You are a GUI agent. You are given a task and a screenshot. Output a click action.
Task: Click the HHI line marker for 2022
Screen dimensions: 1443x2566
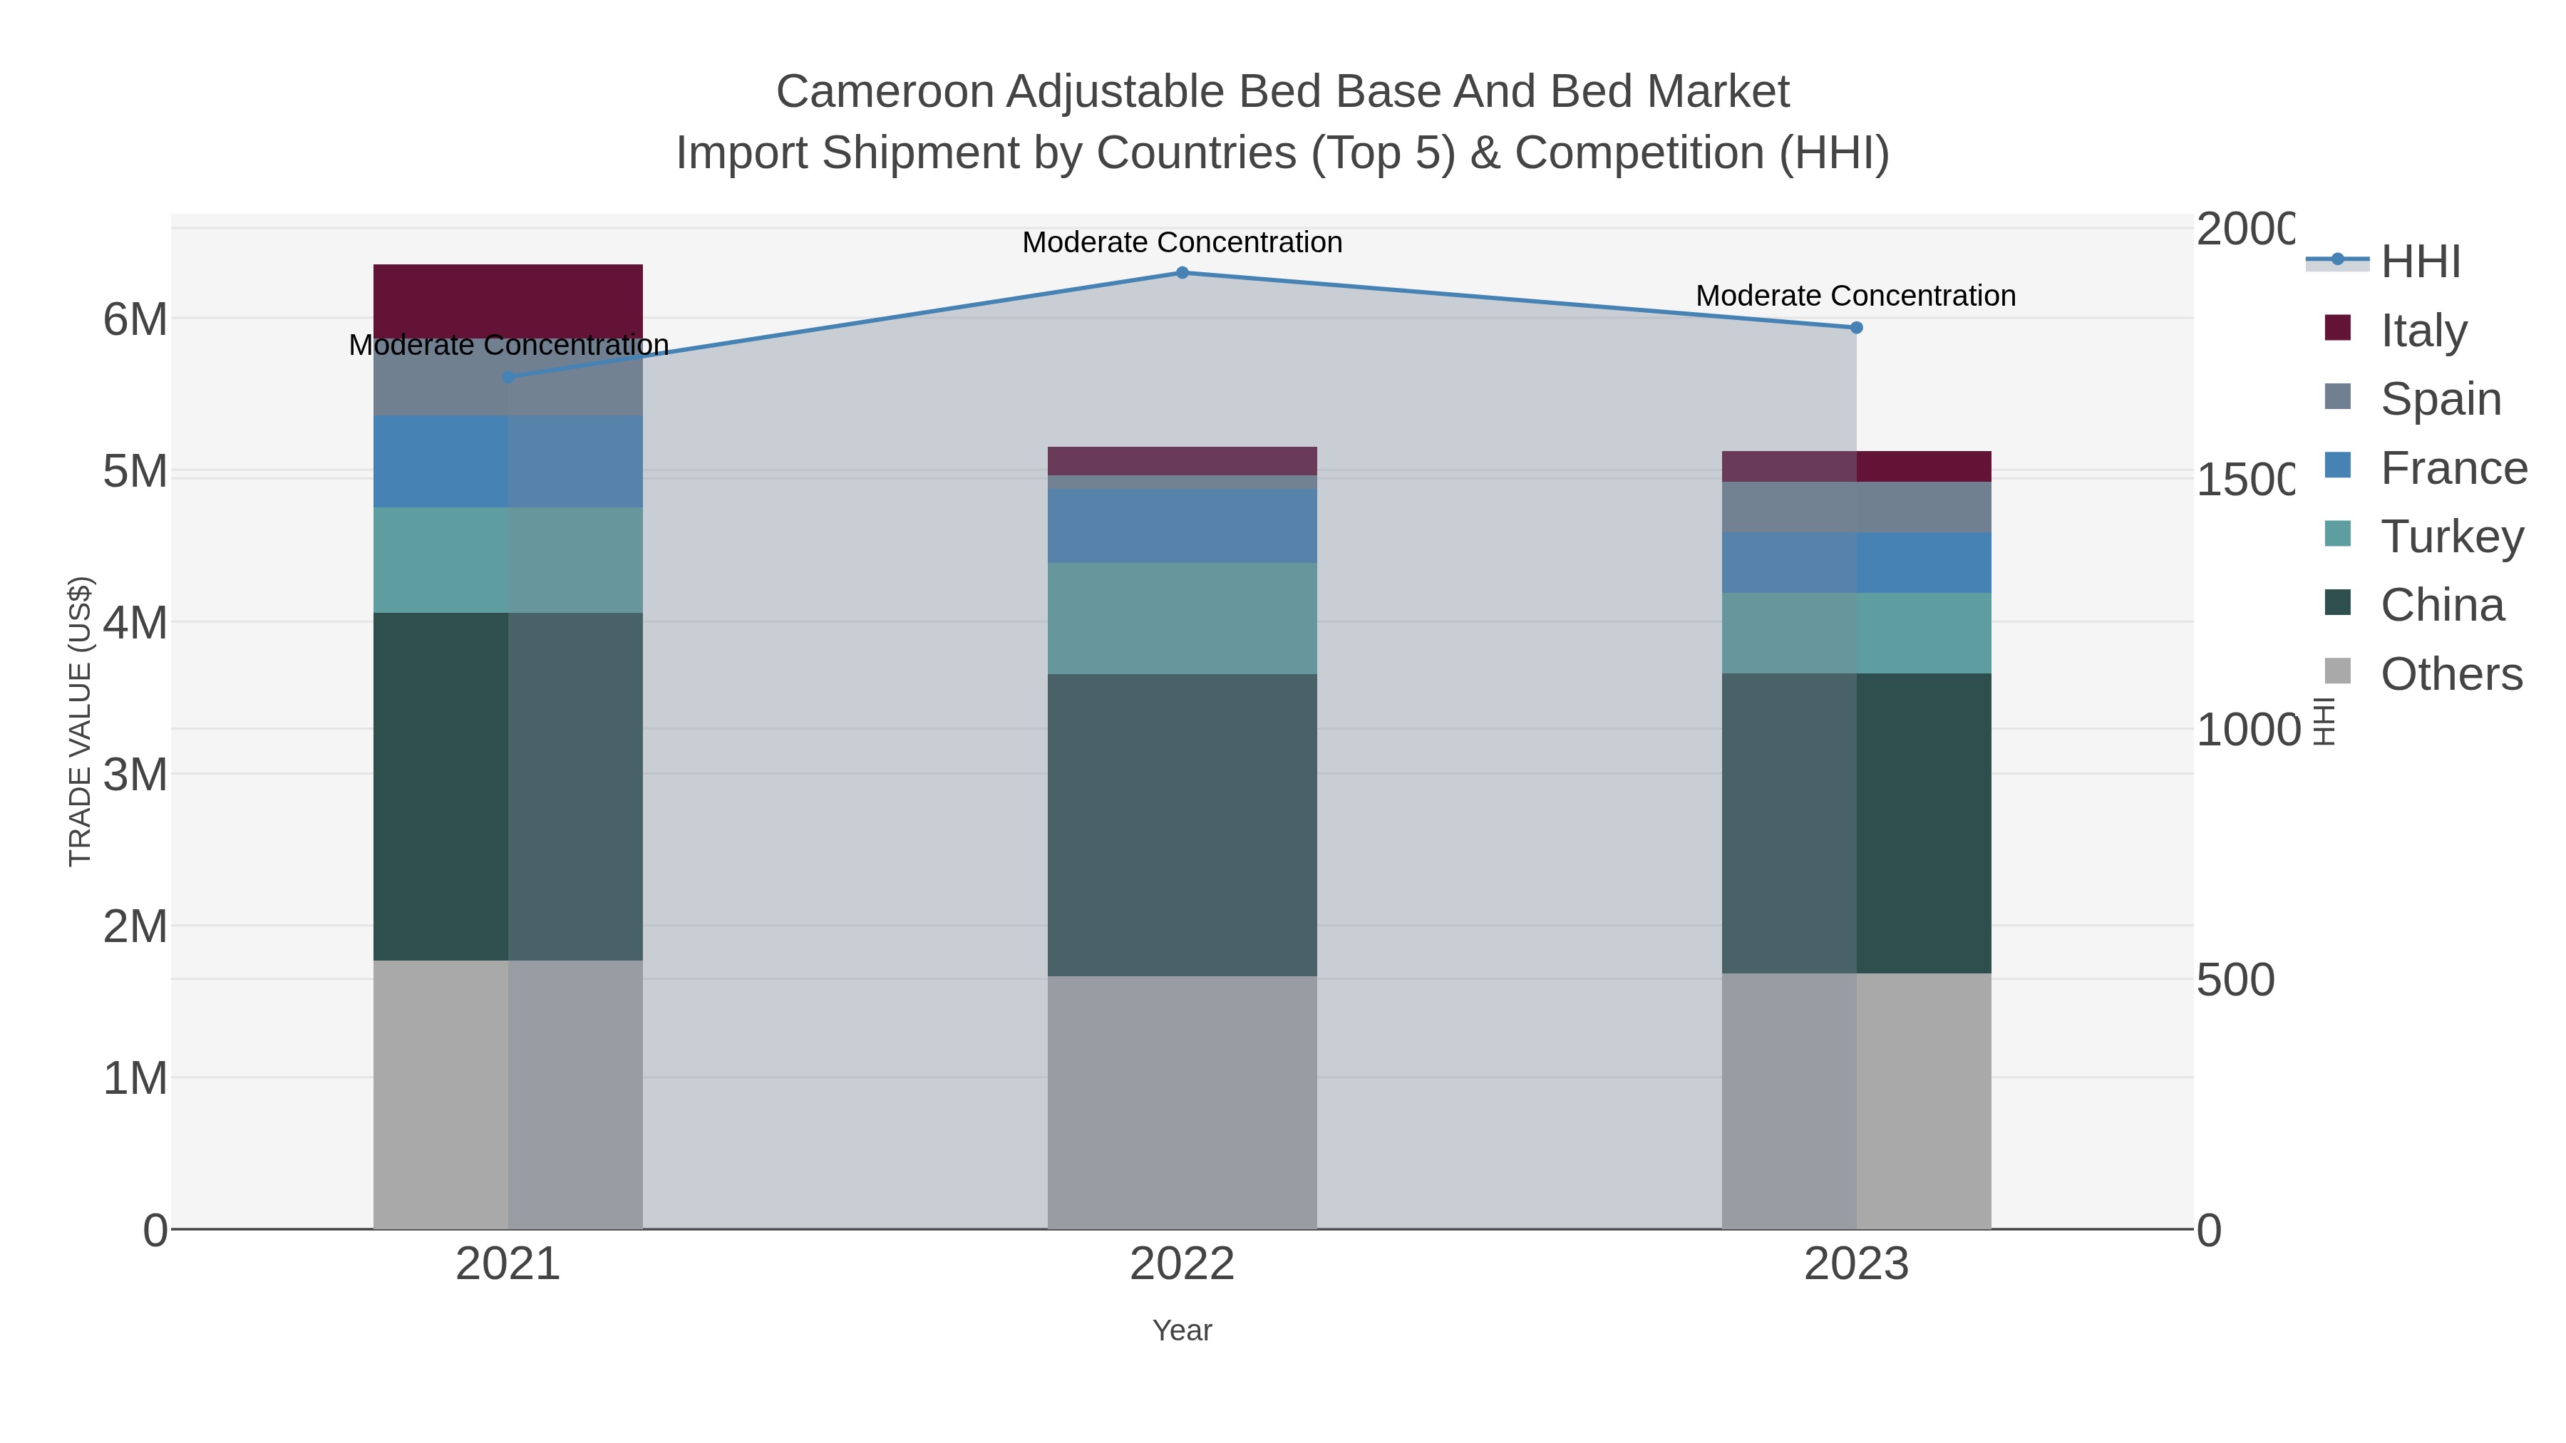(x=1182, y=273)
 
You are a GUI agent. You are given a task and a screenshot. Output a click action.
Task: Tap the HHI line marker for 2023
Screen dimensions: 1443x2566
(x=1857, y=328)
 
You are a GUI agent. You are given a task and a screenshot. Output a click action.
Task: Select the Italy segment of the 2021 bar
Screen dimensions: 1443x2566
(x=508, y=301)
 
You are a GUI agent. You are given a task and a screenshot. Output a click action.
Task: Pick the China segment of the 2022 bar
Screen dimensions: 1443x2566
(x=1182, y=824)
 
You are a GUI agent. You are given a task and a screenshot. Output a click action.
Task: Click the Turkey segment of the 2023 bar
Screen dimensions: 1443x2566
(x=1857, y=633)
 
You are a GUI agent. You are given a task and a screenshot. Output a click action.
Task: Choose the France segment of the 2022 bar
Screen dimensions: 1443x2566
(x=1182, y=526)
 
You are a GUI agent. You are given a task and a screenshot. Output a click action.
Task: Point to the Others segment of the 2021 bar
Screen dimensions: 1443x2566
(x=508, y=1095)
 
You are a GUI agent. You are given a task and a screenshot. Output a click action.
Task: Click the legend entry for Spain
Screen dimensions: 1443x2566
(x=2441, y=399)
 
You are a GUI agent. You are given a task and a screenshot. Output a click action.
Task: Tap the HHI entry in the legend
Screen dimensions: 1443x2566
(x=2420, y=262)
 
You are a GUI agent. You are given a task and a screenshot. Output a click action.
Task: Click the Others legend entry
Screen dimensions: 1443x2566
(x=2451, y=674)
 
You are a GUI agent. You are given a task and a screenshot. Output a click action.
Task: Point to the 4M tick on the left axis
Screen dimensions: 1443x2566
(x=135, y=624)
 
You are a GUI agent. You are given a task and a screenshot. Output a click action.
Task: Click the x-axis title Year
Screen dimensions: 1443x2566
(x=1182, y=1330)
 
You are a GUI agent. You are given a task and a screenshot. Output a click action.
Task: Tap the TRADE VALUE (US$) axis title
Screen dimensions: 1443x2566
(x=80, y=721)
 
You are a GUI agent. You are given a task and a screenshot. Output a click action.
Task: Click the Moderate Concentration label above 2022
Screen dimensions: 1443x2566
(x=1182, y=242)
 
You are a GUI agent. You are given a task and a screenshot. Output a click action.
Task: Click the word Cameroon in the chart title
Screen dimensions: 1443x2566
(x=884, y=92)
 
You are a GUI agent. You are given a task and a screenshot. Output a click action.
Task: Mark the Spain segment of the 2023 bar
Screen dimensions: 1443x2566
(x=1857, y=507)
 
